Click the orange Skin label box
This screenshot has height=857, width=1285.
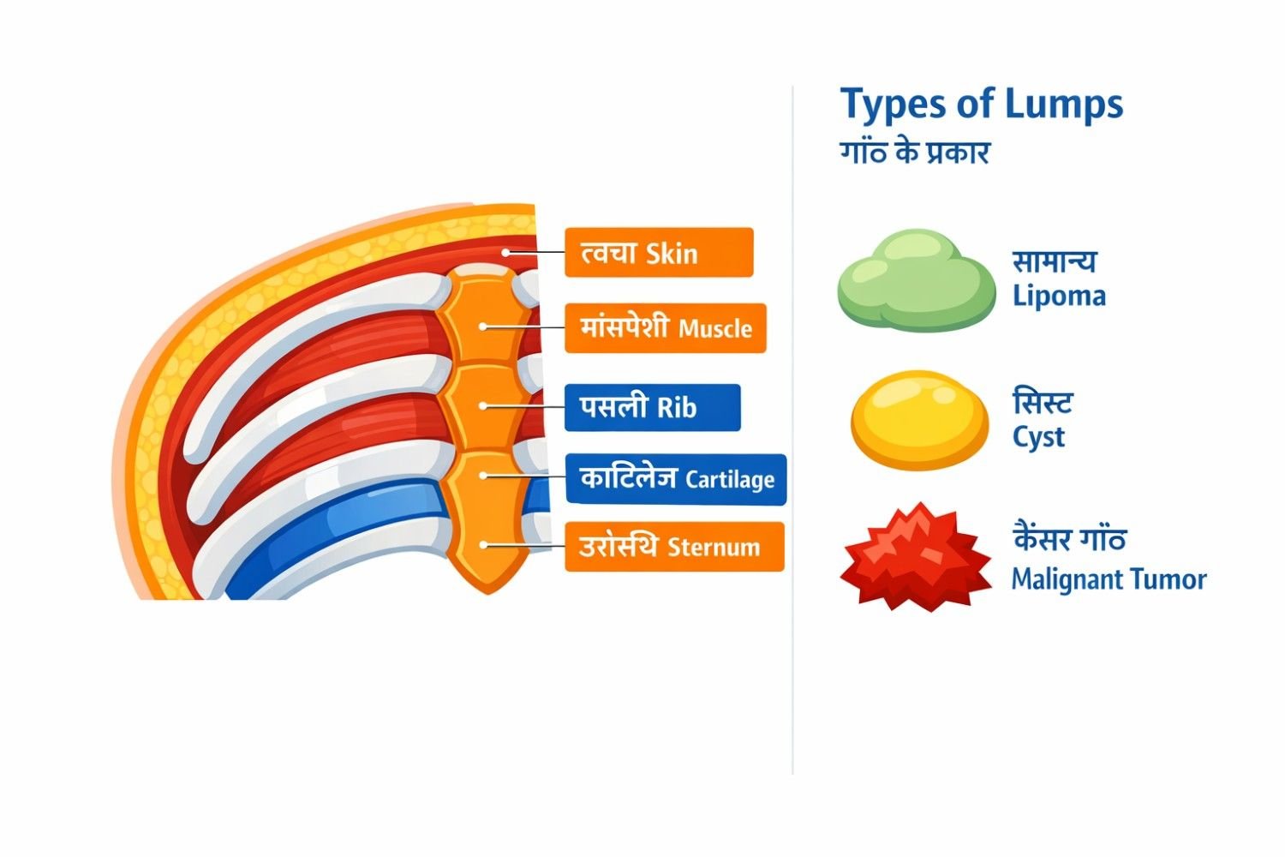(659, 253)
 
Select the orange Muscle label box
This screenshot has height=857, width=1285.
(666, 327)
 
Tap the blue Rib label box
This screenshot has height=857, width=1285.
(652, 407)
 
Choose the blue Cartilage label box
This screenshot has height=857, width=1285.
(676, 478)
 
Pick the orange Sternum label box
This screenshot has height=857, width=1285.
(674, 547)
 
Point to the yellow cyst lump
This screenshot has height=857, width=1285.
(919, 419)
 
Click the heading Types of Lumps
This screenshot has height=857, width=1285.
(981, 105)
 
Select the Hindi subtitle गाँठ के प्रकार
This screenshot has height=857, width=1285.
(915, 153)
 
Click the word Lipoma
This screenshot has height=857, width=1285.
(1059, 297)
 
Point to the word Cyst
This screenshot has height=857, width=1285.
(1038, 437)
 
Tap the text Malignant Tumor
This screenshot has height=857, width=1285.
(1109, 579)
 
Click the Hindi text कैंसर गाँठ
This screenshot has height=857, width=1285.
(1069, 540)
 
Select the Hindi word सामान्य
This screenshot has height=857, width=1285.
(1055, 261)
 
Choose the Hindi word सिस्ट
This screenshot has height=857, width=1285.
(1043, 401)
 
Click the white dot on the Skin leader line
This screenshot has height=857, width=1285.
(506, 252)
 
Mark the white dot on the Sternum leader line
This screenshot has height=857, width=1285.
(484, 544)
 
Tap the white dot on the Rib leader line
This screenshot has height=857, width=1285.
(484, 405)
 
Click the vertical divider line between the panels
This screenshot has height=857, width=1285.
(793, 428)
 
